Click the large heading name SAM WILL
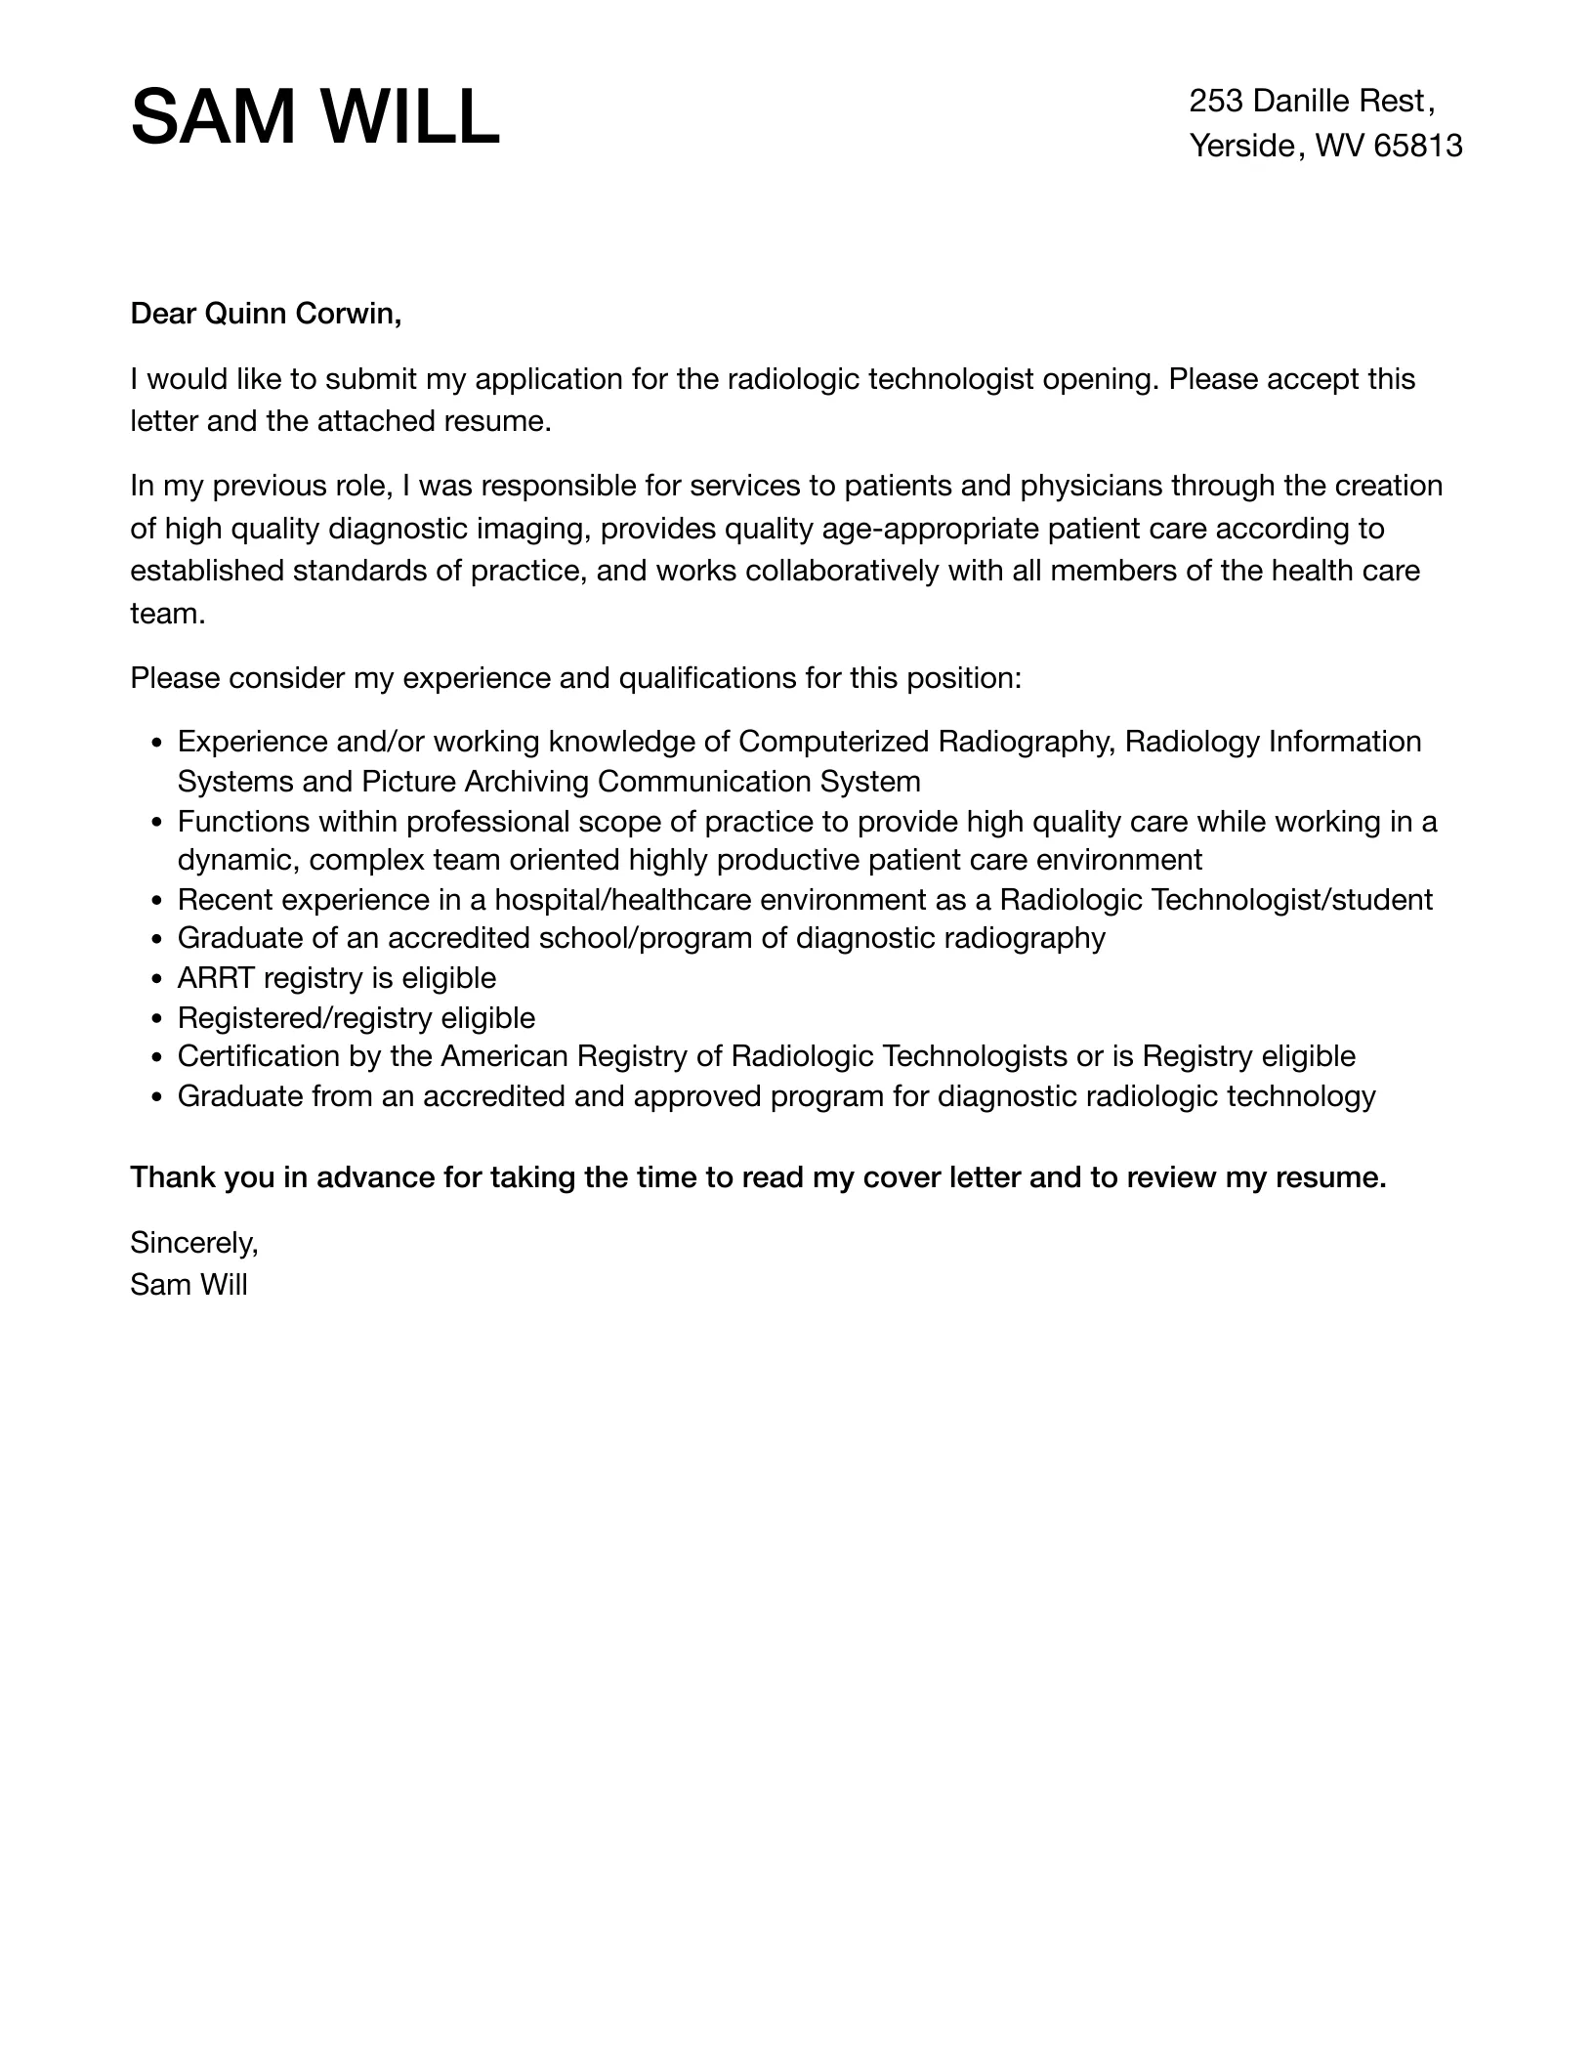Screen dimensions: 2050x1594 [x=315, y=117]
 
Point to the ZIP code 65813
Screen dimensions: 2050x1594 [x=1417, y=146]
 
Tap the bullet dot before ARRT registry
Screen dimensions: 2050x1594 [x=158, y=979]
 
